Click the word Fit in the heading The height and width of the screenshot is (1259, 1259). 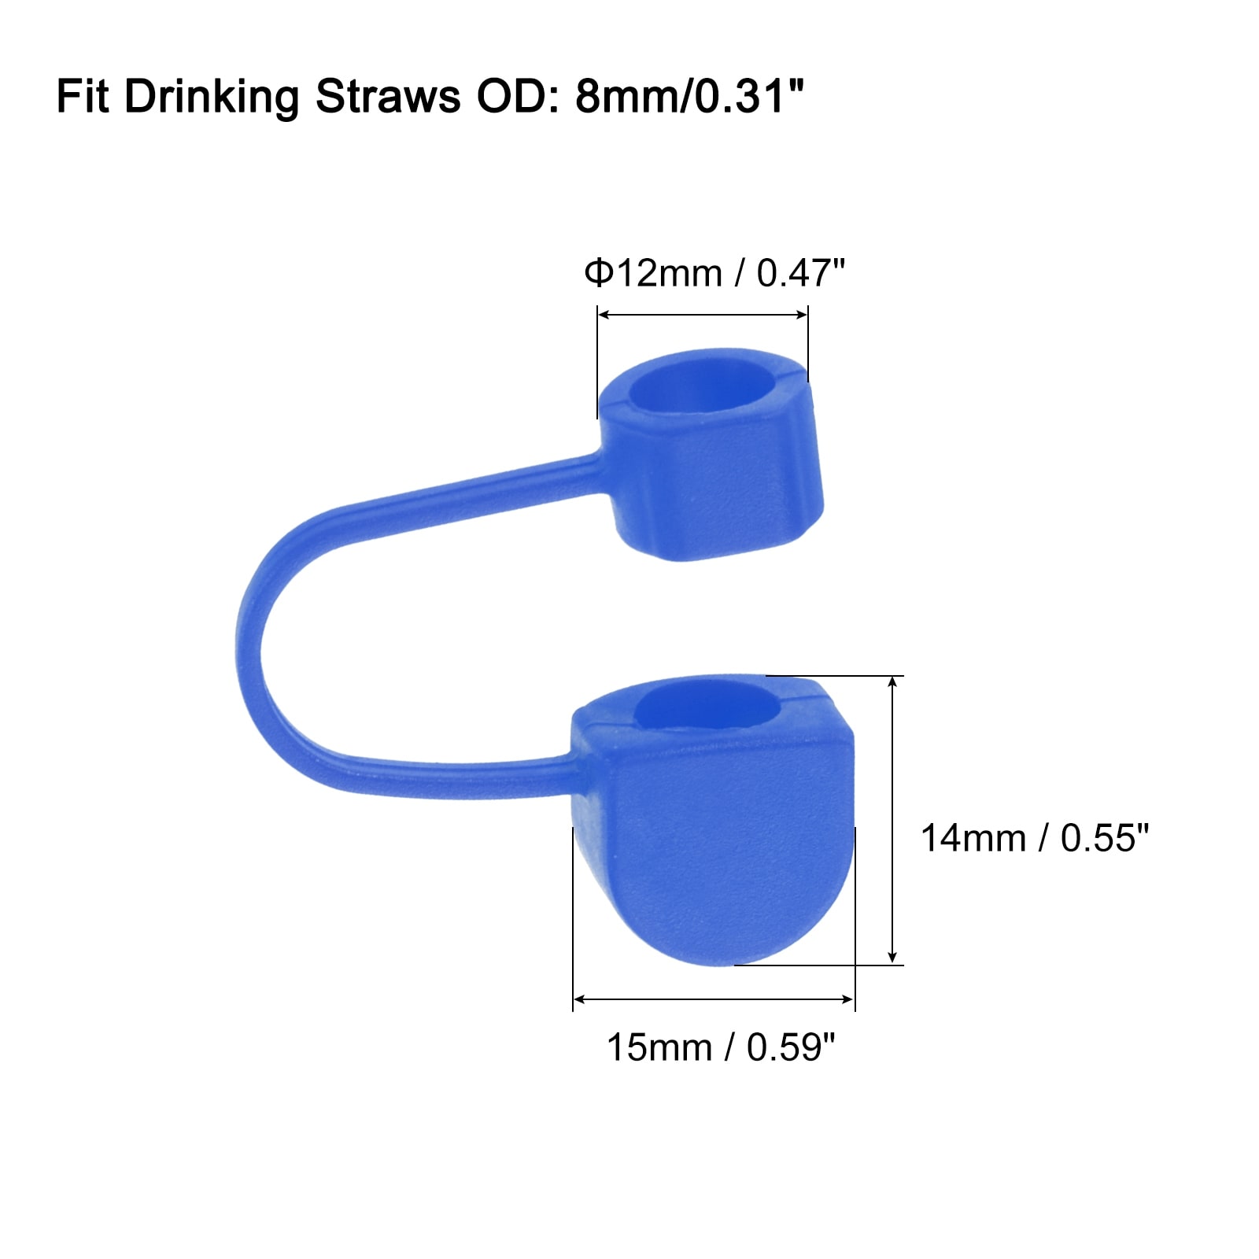[83, 97]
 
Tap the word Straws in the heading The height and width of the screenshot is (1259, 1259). [388, 97]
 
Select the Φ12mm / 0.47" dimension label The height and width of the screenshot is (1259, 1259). [714, 274]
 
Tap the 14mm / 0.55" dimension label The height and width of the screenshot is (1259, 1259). [1035, 838]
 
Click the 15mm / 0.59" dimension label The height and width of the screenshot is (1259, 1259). [721, 1047]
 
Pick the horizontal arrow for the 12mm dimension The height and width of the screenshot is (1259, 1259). [703, 315]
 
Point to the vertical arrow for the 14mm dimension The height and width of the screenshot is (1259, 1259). [892, 819]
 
